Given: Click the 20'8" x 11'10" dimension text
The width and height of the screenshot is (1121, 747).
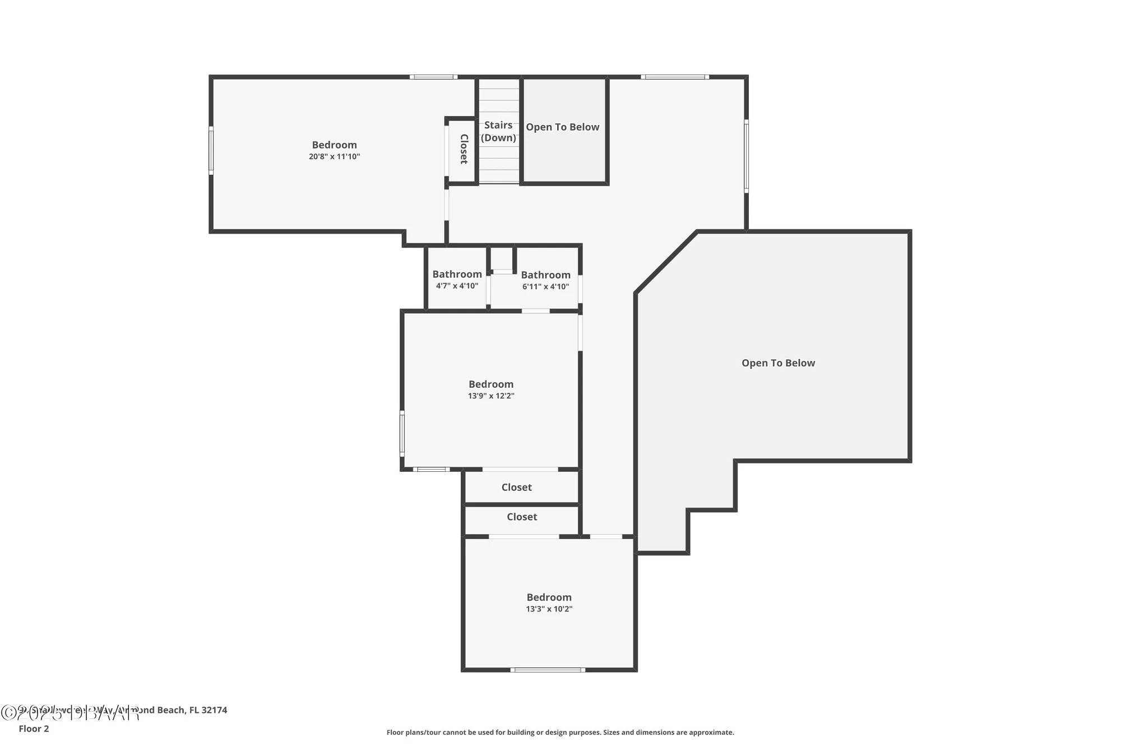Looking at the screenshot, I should [x=334, y=157].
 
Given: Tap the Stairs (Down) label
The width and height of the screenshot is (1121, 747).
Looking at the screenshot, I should [x=498, y=132].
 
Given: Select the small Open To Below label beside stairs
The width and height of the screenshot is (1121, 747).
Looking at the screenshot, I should [x=562, y=127].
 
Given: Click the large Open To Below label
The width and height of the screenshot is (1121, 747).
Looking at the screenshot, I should [x=778, y=363].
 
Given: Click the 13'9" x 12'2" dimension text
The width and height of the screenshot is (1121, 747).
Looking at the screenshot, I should [x=491, y=396].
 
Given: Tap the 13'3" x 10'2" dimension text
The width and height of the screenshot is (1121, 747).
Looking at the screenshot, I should [x=549, y=609].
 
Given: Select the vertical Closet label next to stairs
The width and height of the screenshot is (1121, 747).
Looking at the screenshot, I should [x=464, y=149].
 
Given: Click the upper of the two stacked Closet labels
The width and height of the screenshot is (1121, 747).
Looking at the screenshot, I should [x=516, y=488].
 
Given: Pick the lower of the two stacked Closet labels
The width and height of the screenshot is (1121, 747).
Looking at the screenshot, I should [x=522, y=517].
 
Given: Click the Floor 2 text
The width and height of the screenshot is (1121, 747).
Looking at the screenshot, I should [x=34, y=729].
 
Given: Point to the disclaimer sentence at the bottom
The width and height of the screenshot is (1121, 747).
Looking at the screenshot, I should [x=560, y=732].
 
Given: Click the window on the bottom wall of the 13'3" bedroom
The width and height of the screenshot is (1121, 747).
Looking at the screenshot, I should [x=548, y=670].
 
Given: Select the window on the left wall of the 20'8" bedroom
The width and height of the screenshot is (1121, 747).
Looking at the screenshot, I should [x=211, y=150].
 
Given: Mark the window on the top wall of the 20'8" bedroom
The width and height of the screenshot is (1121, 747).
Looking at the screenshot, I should [x=433, y=77].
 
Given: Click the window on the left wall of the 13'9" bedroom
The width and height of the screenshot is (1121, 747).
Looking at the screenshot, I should [x=402, y=433].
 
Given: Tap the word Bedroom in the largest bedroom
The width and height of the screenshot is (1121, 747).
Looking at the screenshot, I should [x=334, y=145].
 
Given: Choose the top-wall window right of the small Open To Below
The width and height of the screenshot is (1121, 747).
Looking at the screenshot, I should [x=675, y=77].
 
